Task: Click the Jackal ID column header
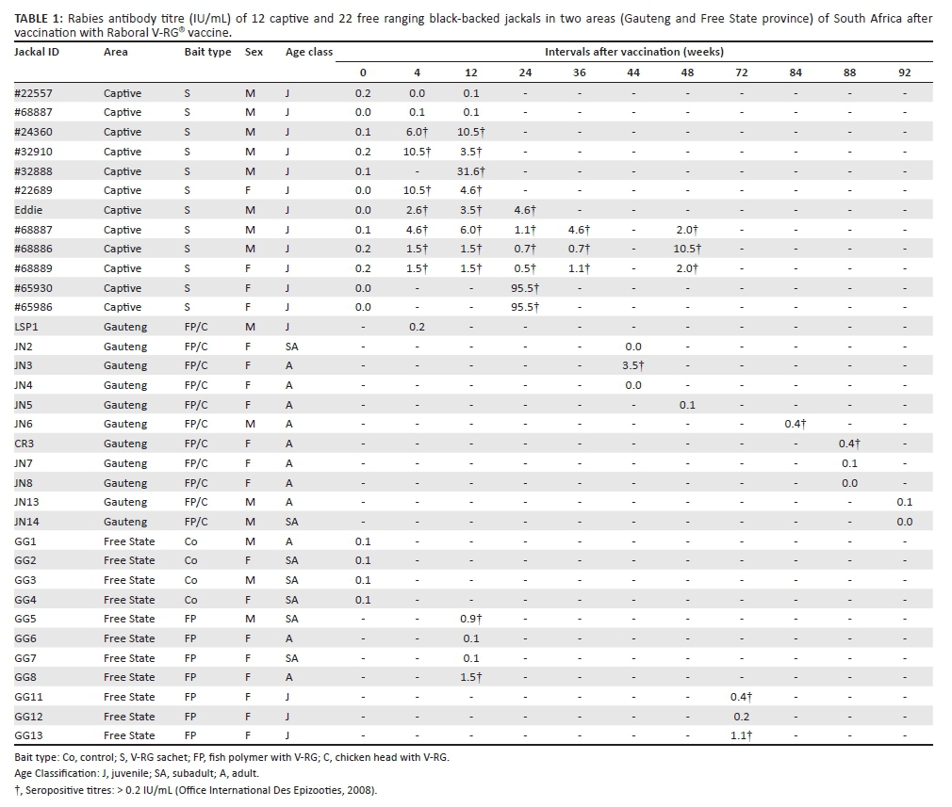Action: click(x=37, y=52)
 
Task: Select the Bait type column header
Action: click(x=207, y=52)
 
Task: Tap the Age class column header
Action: click(x=309, y=52)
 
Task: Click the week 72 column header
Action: click(x=741, y=73)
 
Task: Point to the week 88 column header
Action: click(x=849, y=73)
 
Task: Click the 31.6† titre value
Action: click(x=471, y=171)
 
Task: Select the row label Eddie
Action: click(x=28, y=210)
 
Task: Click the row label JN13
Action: click(x=26, y=502)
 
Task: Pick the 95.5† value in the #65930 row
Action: click(x=525, y=288)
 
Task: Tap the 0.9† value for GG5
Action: click(x=471, y=619)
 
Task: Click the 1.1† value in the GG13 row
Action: click(x=741, y=735)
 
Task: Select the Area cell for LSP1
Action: click(x=125, y=327)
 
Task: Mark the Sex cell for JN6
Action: click(x=250, y=424)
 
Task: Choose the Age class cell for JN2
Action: click(x=291, y=347)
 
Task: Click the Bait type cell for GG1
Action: click(x=190, y=541)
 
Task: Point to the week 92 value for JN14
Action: click(x=905, y=522)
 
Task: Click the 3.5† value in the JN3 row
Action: click(x=633, y=365)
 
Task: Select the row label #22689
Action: click(x=33, y=190)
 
